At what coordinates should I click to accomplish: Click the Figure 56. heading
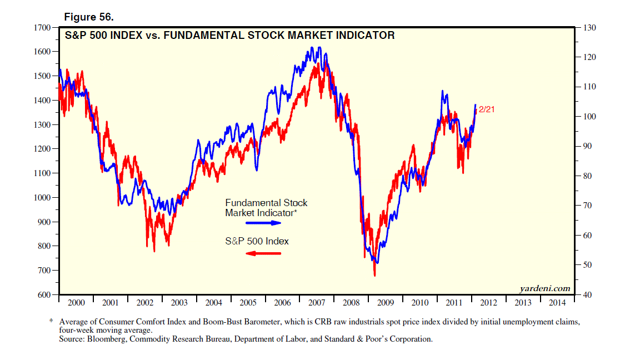pyautogui.click(x=89, y=18)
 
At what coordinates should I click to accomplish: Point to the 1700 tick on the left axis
pyautogui.click(x=43, y=27)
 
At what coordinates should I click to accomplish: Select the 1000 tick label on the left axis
pyautogui.click(x=43, y=197)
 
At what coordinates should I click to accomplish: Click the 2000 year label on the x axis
pyautogui.click(x=76, y=303)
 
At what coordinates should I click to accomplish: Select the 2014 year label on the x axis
pyautogui.click(x=557, y=303)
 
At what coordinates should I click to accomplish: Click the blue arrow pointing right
pyautogui.click(x=264, y=223)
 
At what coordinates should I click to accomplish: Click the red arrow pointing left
pyautogui.click(x=263, y=253)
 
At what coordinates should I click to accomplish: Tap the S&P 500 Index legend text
pyautogui.click(x=257, y=241)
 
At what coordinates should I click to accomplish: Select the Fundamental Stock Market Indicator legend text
pyautogui.click(x=266, y=208)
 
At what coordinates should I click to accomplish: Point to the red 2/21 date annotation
pyautogui.click(x=486, y=109)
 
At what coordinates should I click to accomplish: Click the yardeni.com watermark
pyautogui.click(x=545, y=288)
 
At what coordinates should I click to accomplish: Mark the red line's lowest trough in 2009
pyautogui.click(x=374, y=274)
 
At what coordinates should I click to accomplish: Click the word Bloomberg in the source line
pyautogui.click(x=107, y=338)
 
